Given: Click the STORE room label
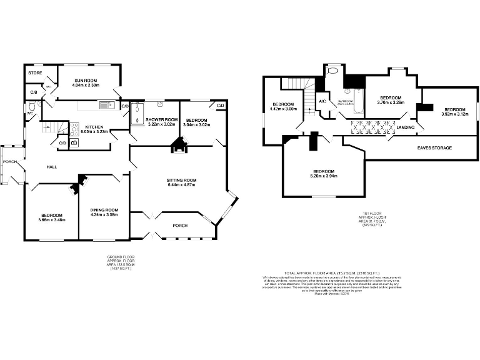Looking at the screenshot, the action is pos(34,73).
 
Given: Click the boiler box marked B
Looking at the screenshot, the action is pos(74,142).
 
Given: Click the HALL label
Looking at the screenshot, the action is pos(52,167).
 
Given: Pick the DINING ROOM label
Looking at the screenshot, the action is pos(104,210).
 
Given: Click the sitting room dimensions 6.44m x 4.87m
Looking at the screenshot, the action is pos(181,186).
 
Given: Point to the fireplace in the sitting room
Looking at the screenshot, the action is pos(180,147).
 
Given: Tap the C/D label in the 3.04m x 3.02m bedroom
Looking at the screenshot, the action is pos(220,106).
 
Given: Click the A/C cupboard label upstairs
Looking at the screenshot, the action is pos(322,101).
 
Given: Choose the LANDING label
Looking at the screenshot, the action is pos(406,127).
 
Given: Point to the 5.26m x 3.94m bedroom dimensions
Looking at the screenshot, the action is pos(324,176).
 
